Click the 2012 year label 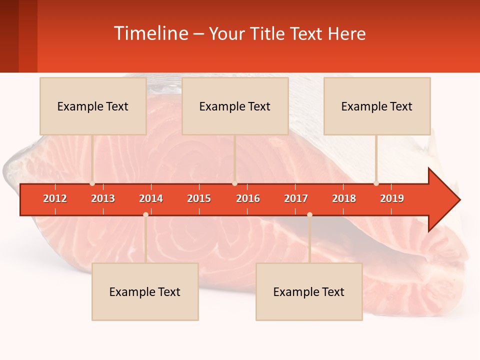[x=55, y=198]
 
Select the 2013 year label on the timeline [x=103, y=198]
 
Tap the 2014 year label [x=151, y=198]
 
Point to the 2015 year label [x=199, y=198]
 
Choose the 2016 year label [x=248, y=198]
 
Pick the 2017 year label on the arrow [x=296, y=198]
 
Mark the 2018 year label [x=344, y=198]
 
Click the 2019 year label [x=392, y=198]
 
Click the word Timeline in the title [x=150, y=33]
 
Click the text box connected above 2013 [x=93, y=106]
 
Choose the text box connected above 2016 [x=235, y=106]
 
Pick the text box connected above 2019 [x=377, y=106]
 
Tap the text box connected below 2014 [x=145, y=291]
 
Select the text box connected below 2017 [x=309, y=291]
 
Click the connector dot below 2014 [x=145, y=214]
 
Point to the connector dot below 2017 [x=309, y=214]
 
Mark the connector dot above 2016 [x=234, y=183]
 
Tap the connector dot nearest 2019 [x=376, y=183]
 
